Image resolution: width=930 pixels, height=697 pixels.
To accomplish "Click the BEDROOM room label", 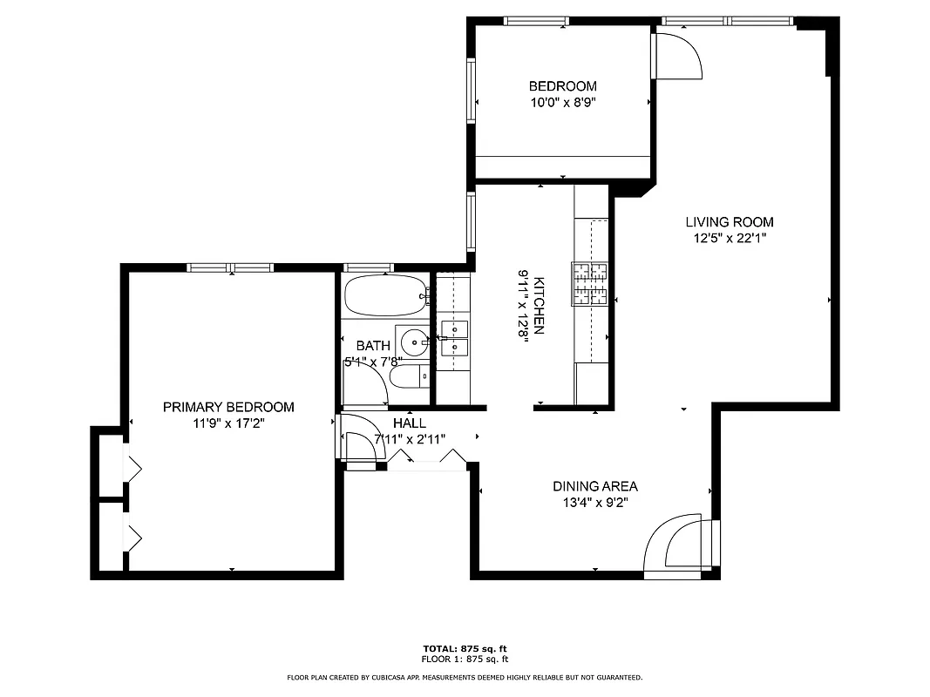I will pyautogui.click(x=563, y=86).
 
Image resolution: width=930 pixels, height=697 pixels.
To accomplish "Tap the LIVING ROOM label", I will pyautogui.click(x=729, y=222).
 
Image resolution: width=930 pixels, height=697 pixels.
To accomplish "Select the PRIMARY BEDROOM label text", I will pyautogui.click(x=228, y=407).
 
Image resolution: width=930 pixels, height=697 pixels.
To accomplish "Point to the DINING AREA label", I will pyautogui.click(x=595, y=486).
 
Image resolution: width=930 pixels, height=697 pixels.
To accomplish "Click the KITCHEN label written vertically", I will pyautogui.click(x=540, y=306).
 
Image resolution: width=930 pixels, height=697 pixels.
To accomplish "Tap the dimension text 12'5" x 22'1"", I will pyautogui.click(x=729, y=237).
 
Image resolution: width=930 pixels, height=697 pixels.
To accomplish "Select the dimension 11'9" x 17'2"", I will pyautogui.click(x=228, y=423).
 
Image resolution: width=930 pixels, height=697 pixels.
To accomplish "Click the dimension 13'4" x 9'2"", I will pyautogui.click(x=595, y=502).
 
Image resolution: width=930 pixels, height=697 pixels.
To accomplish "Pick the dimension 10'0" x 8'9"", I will pyautogui.click(x=563, y=102).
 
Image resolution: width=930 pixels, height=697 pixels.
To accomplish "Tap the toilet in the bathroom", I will pyautogui.click(x=407, y=377).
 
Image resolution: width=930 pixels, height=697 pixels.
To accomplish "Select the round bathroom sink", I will pyautogui.click(x=412, y=341).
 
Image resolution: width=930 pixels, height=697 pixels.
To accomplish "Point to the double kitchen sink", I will pyautogui.click(x=453, y=339).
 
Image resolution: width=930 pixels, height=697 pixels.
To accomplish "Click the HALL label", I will pyautogui.click(x=410, y=423).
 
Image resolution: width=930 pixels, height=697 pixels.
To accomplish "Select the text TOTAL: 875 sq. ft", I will pyautogui.click(x=465, y=649).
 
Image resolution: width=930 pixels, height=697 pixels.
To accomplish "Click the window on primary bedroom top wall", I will pyautogui.click(x=231, y=268).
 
